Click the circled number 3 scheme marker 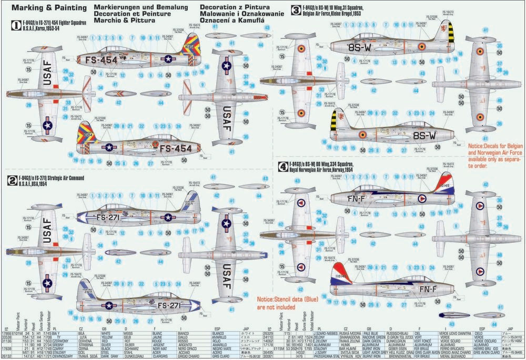pyautogui.click(x=296, y=8)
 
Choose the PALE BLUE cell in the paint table pyautogui.click(x=371, y=333)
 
